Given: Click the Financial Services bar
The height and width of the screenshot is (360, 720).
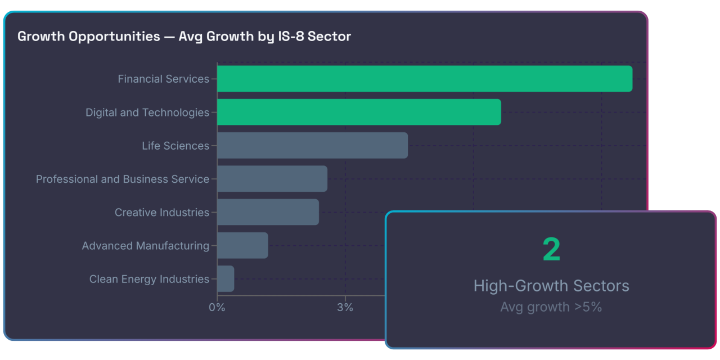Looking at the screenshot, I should pyautogui.click(x=425, y=79).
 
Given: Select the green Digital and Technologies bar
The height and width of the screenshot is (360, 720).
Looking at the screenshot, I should pyautogui.click(x=359, y=112).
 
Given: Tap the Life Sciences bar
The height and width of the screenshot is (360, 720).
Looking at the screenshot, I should pyautogui.click(x=312, y=146).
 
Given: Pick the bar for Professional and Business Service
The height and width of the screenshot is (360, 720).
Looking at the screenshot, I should pyautogui.click(x=272, y=179).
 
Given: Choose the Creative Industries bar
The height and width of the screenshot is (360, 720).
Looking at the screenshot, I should pyautogui.click(x=268, y=212).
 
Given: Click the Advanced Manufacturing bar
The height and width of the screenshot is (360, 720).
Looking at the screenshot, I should pyautogui.click(x=242, y=245).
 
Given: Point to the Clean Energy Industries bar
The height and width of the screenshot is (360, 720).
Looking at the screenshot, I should pyautogui.click(x=226, y=279).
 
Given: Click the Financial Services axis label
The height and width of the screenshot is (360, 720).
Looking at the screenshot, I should pyautogui.click(x=163, y=79).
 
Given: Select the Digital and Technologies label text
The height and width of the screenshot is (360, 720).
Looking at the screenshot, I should pyautogui.click(x=147, y=112).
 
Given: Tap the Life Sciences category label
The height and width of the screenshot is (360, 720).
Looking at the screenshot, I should pyautogui.click(x=175, y=146).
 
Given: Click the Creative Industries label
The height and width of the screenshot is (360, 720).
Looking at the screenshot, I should pyautogui.click(x=162, y=213).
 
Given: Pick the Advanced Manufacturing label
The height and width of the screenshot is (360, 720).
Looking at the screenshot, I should pyautogui.click(x=145, y=246).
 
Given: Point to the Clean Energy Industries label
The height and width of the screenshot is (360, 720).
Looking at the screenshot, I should pyautogui.click(x=149, y=279).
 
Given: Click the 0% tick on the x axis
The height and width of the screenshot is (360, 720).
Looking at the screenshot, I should pyautogui.click(x=217, y=308).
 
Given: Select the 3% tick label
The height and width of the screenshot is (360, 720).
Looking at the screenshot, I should pyautogui.click(x=345, y=308).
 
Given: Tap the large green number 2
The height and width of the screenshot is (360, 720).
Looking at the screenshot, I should pyautogui.click(x=551, y=250).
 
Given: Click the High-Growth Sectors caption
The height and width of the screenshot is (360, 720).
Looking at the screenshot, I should pyautogui.click(x=551, y=286).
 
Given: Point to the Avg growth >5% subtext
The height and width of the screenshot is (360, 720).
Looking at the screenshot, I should pyautogui.click(x=551, y=307).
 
